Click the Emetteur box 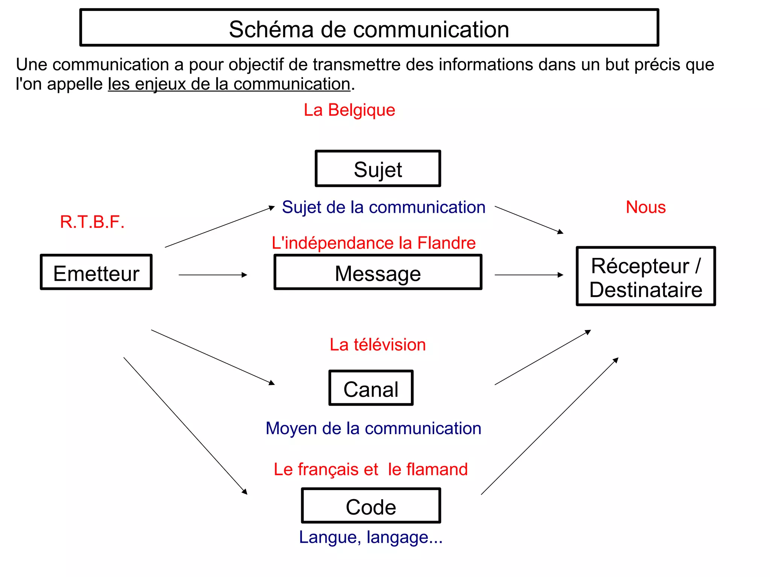point(96,272)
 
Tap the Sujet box point(378,169)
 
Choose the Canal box point(371,388)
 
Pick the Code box point(371,506)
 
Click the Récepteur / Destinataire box point(646,277)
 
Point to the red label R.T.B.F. point(92,222)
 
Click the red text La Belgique point(349,110)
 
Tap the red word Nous point(646,207)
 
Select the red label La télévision point(377,345)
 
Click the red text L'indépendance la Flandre point(374,243)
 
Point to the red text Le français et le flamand point(371,469)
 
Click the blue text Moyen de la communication point(373,429)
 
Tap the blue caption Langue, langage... point(371,537)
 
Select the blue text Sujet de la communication point(383,207)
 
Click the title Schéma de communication point(369,29)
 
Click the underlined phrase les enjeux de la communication point(229,84)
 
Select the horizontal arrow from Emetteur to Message point(213,275)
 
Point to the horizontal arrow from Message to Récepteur point(529,275)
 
